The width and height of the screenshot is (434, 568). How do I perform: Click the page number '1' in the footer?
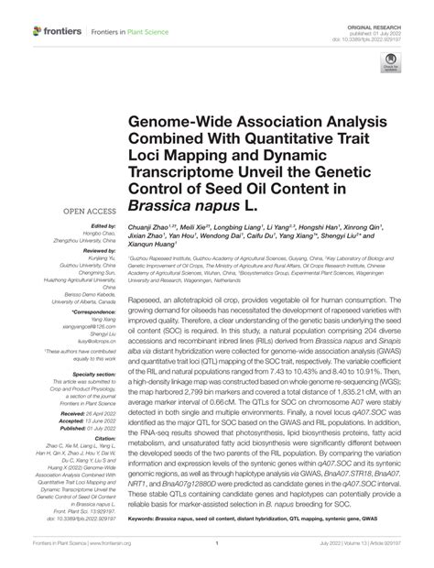tap(217, 541)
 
